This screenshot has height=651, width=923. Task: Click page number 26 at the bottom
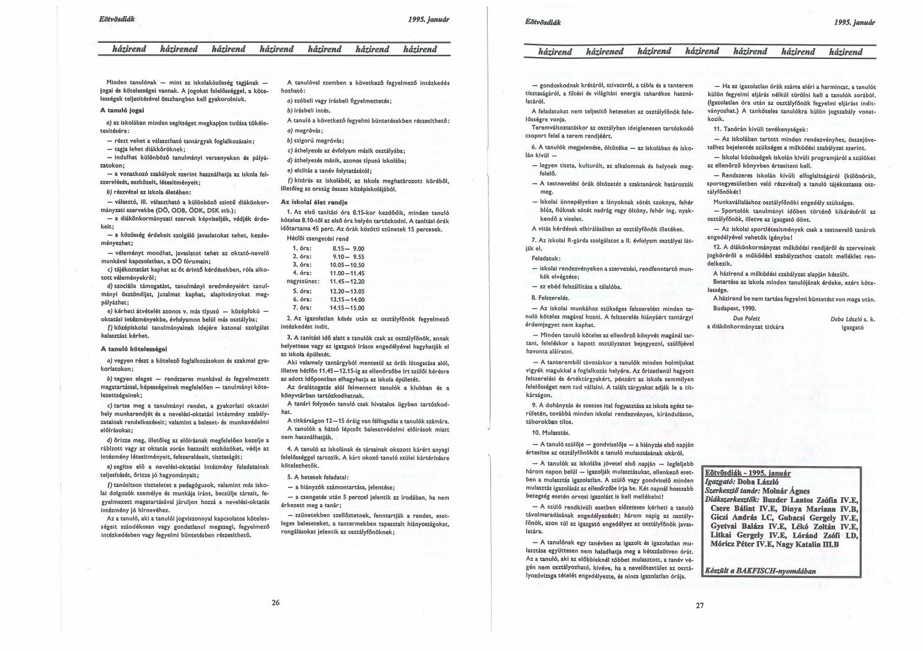click(276, 601)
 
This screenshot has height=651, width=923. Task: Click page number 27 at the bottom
click(699, 605)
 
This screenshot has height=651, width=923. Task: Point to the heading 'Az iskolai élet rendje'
click(314, 202)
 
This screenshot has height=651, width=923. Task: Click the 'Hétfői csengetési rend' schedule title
click(317, 238)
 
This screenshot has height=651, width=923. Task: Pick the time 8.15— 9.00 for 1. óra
click(348, 248)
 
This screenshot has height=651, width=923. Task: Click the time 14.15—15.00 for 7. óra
click(347, 308)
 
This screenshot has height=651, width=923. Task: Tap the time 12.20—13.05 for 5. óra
click(347, 291)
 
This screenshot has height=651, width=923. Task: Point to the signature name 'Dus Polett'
click(746, 318)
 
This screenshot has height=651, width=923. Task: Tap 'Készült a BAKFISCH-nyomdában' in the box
click(761, 571)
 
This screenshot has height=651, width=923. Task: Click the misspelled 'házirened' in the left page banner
click(179, 49)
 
